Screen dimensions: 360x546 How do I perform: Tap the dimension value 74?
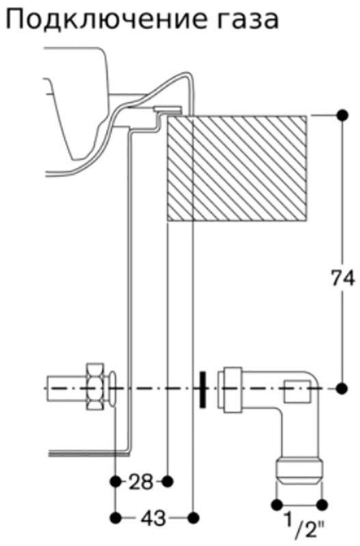coord(342,278)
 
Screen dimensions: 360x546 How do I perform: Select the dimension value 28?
coord(141,483)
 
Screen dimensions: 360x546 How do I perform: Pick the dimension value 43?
coord(153,519)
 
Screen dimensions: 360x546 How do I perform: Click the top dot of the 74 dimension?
coord(342,115)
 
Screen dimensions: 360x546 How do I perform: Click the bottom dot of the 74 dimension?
coord(342,388)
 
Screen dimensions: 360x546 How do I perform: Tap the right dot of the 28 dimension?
coord(168,482)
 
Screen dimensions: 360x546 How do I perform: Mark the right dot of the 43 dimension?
coord(193,518)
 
